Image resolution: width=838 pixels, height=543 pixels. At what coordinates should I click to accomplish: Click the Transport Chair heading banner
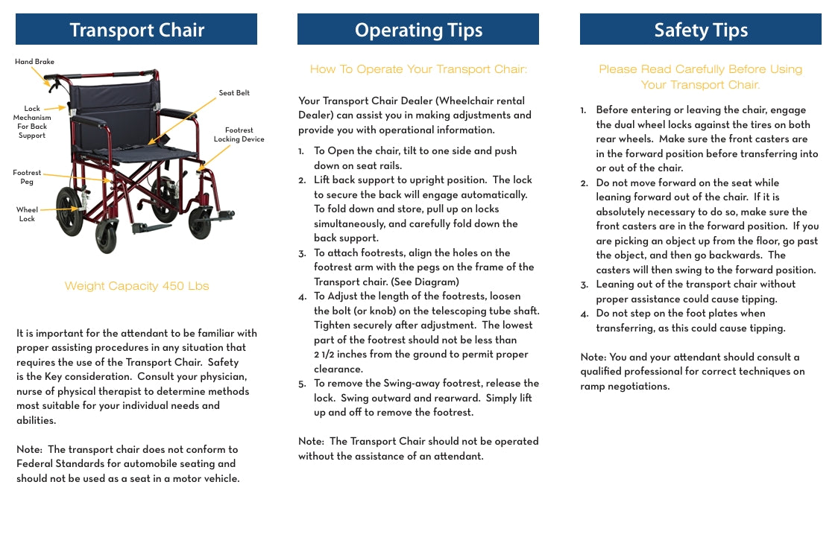136,30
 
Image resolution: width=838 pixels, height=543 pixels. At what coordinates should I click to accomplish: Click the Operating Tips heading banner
418,30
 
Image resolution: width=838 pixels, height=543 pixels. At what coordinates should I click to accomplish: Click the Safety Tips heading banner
700,30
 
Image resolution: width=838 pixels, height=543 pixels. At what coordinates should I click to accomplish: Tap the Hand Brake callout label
34,62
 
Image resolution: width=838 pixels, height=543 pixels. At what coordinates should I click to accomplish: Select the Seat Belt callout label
234,93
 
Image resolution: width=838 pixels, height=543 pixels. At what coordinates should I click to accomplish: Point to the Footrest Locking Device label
239,135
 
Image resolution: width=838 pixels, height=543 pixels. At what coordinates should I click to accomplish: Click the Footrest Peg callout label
27,177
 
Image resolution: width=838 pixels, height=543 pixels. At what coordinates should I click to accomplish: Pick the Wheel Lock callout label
27,215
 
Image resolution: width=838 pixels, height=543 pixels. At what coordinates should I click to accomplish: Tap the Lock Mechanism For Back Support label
32,122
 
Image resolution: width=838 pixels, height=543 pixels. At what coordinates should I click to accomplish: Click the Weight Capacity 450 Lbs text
136,286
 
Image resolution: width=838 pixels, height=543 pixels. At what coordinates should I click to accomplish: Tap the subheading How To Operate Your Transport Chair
418,69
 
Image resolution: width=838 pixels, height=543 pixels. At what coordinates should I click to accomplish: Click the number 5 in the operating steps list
301,384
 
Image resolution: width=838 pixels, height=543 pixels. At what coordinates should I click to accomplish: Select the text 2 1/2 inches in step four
345,355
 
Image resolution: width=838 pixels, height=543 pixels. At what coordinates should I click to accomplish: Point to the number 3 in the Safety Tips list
584,285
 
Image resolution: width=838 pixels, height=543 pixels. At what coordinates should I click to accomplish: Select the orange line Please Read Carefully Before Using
700,69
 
